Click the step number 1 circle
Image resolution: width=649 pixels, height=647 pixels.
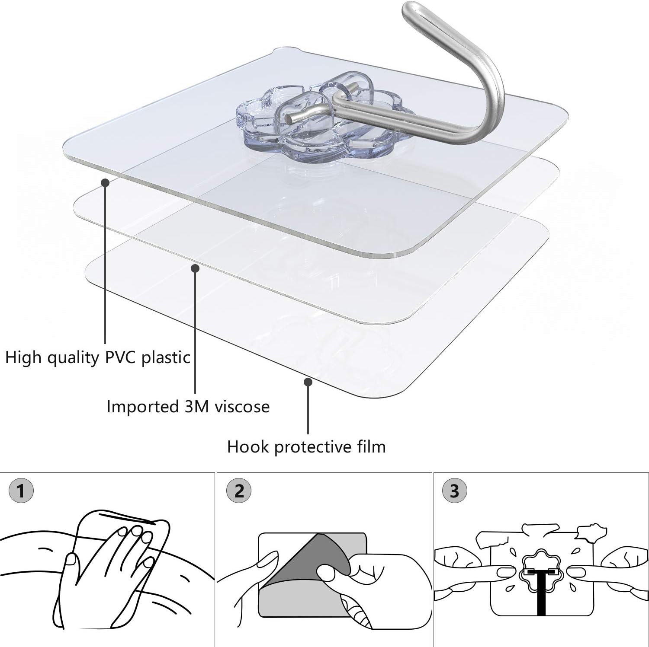(x=20, y=491)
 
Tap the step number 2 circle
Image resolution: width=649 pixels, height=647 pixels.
(x=239, y=491)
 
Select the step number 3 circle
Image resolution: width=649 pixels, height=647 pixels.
(x=454, y=491)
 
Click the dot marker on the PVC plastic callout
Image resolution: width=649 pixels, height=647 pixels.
(x=105, y=182)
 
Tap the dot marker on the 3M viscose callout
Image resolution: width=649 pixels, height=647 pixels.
(x=195, y=268)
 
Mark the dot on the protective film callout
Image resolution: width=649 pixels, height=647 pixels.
(x=308, y=382)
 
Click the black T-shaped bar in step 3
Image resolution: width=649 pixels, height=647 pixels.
(x=540, y=592)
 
